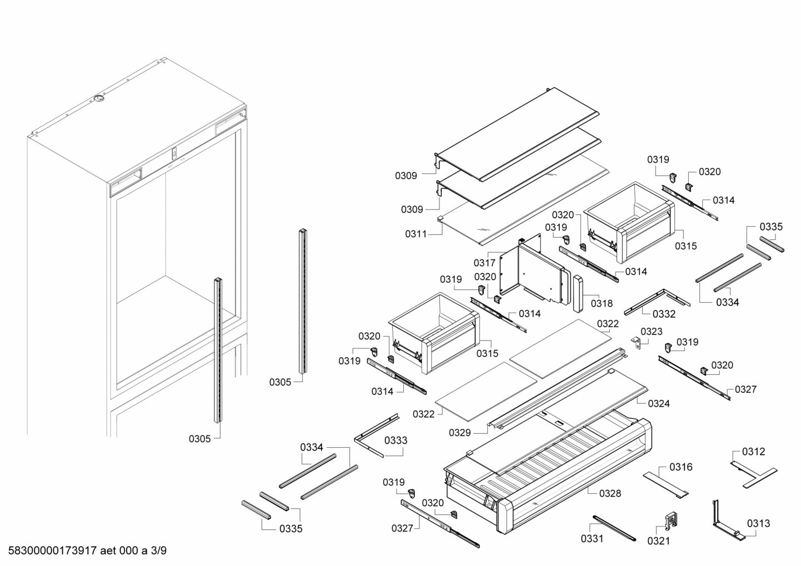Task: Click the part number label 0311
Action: [x=416, y=234]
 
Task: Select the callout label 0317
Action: [x=484, y=263]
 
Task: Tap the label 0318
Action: [x=602, y=304]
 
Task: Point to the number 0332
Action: [x=664, y=314]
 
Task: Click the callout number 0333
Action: [x=396, y=440]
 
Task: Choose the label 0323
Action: [x=651, y=332]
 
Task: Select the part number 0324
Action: [x=659, y=403]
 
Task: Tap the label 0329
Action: [x=460, y=433]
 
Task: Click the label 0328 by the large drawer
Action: [x=610, y=493]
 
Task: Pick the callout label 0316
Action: [x=681, y=467]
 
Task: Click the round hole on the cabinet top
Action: [x=99, y=98]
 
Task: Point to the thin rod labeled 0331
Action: [x=614, y=528]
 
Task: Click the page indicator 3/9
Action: [x=159, y=550]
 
